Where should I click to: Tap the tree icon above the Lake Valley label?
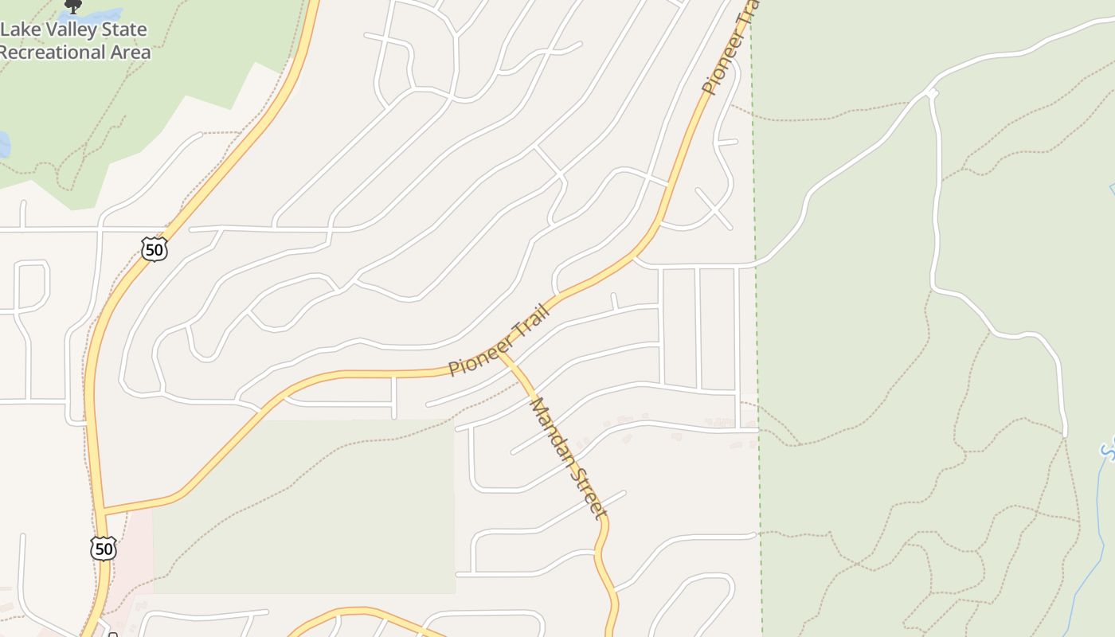click(73, 6)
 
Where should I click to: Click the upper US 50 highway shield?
click(155, 249)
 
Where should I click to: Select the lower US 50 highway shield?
click(104, 548)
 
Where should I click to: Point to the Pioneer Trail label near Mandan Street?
click(500, 340)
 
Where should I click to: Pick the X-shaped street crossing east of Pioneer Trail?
click(714, 208)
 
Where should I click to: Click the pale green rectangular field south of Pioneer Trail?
click(303, 510)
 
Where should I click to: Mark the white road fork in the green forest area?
click(931, 94)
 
